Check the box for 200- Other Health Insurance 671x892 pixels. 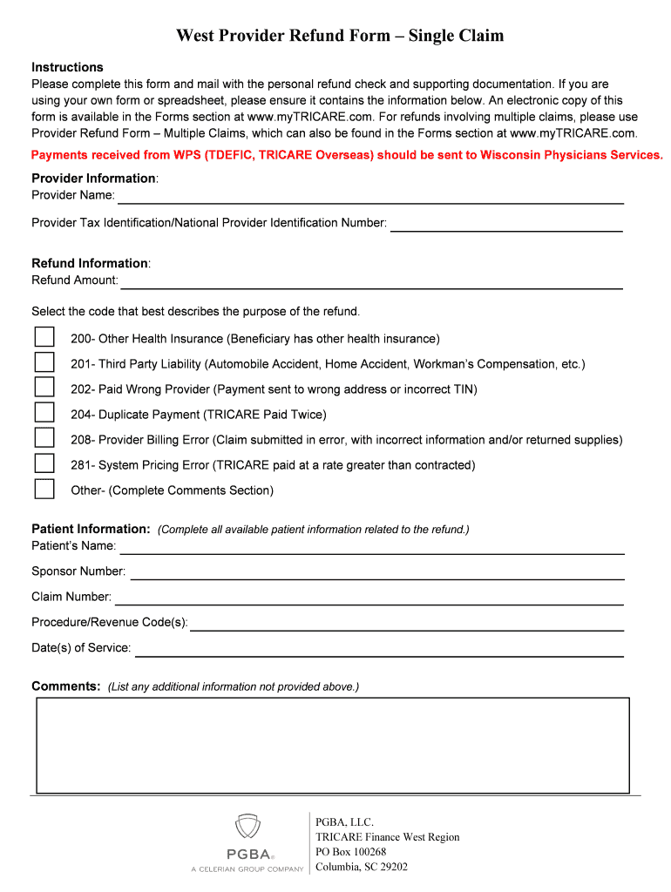pos(44,337)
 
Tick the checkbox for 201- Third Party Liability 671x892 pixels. pos(44,362)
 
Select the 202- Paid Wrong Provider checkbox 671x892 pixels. pos(44,388)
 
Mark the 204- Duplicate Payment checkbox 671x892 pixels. pos(44,413)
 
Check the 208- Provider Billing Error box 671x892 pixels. pos(44,438)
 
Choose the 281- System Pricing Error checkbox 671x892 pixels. pos(44,463)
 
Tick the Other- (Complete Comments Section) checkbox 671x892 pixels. pos(44,489)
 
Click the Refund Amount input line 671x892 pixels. pos(371,281)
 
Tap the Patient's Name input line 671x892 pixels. pos(371,547)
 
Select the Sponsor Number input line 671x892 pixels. pos(376,572)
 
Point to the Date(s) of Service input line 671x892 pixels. pos(379,649)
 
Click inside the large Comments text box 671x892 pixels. pos(332,745)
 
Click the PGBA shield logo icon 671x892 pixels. pos(247,827)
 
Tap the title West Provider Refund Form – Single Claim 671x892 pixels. pos(340,36)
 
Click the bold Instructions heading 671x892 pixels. pos(67,67)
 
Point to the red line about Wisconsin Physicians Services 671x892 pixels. pos(347,155)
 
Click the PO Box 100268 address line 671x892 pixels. pos(350,852)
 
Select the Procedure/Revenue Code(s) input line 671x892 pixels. pos(407,624)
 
